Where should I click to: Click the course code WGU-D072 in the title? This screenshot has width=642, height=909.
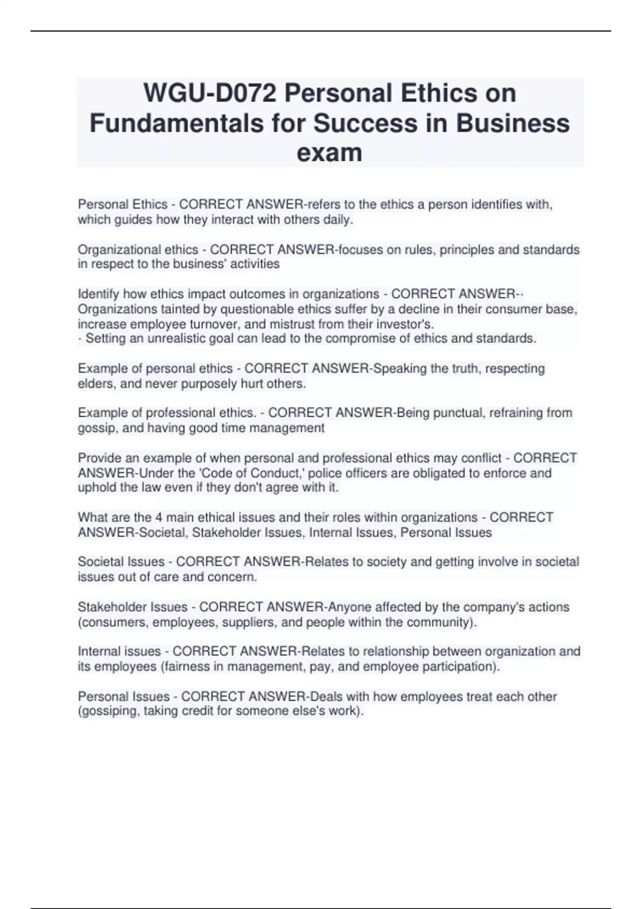(210, 94)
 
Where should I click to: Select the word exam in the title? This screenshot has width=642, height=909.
(329, 152)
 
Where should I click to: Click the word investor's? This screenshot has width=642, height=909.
(407, 324)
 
